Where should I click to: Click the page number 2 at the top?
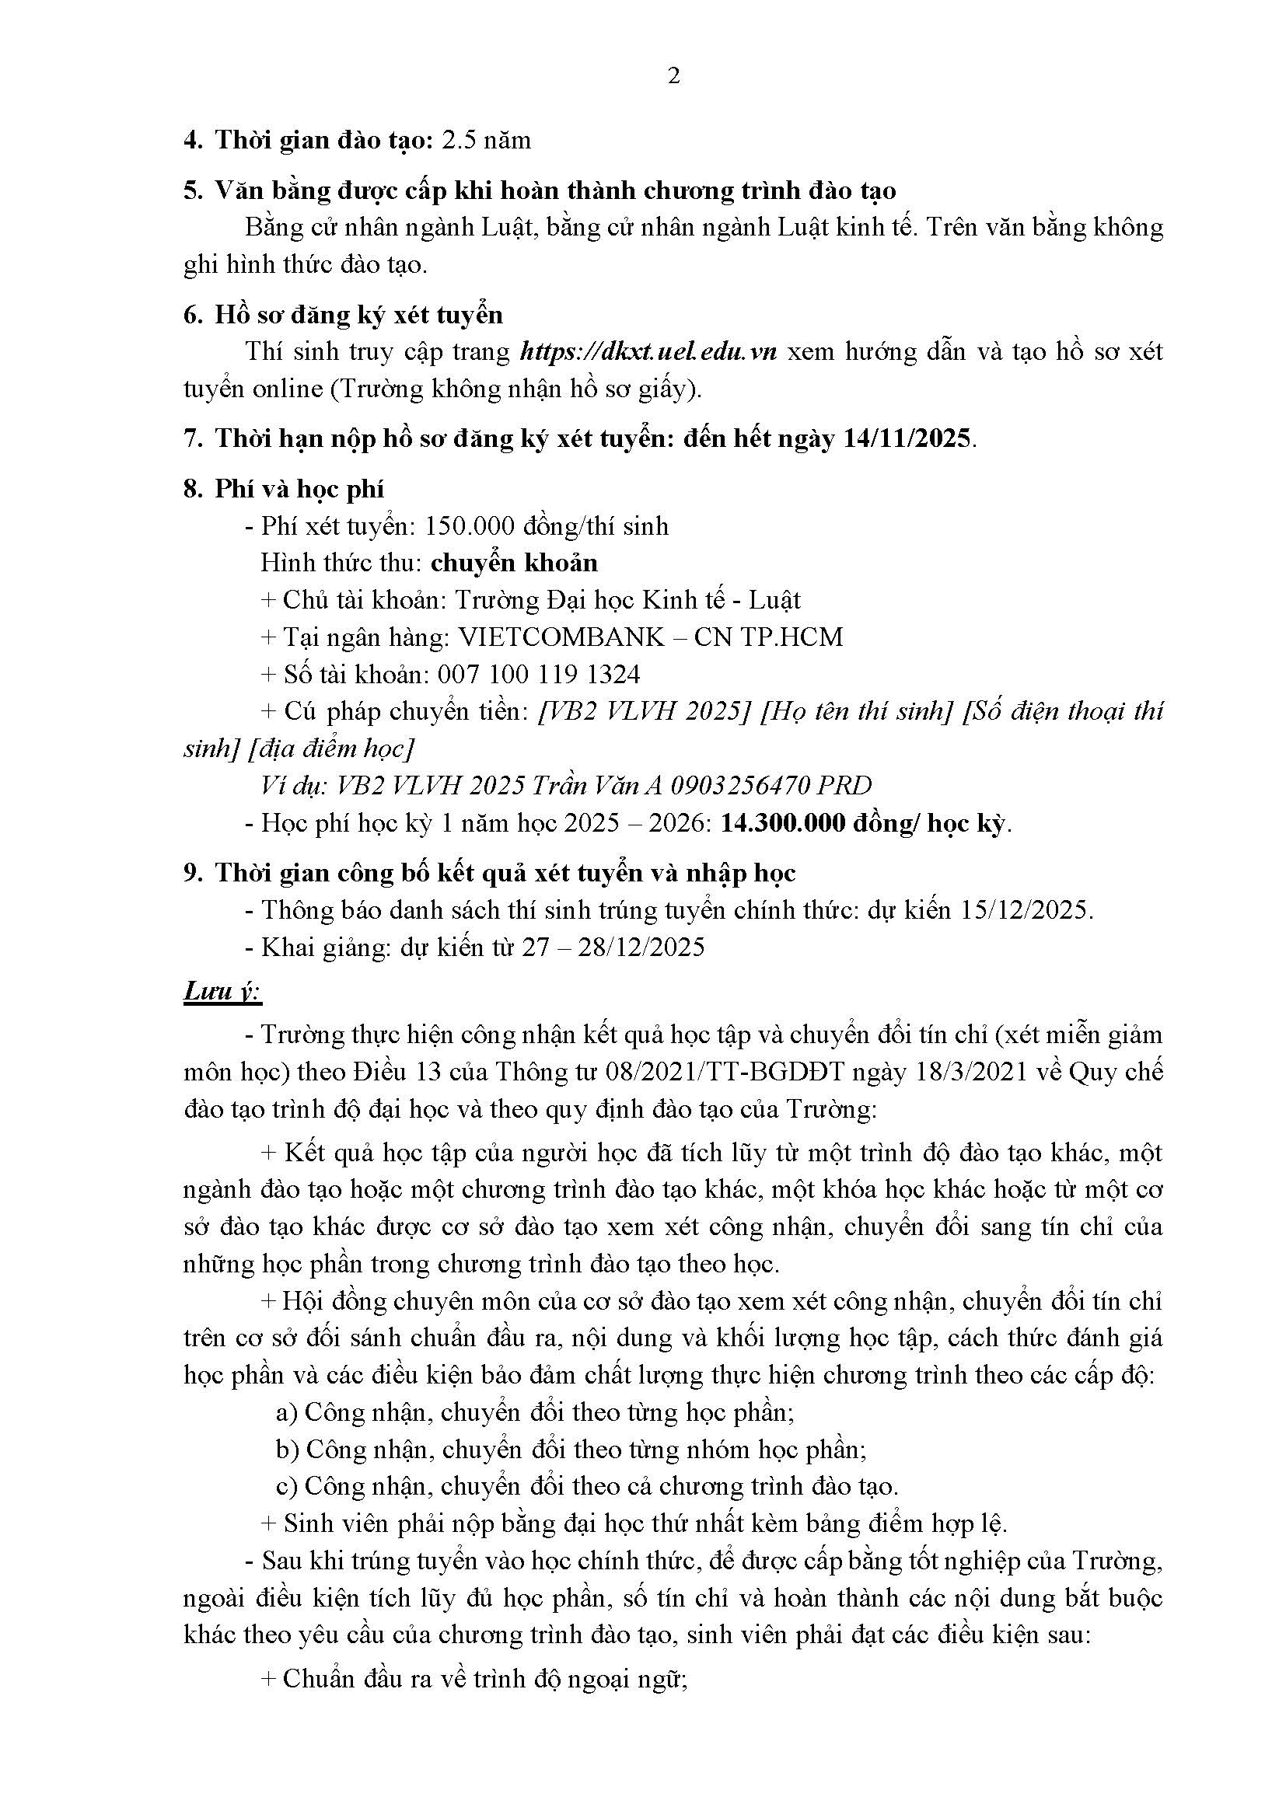pos(674,77)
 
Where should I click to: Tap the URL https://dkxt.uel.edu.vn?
pos(648,351)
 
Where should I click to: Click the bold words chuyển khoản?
pos(514,563)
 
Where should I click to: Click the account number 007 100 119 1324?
pos(539,675)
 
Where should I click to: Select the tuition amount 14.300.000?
pos(783,823)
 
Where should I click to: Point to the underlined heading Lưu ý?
pos(221,991)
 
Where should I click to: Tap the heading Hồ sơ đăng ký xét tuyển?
pos(358,315)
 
